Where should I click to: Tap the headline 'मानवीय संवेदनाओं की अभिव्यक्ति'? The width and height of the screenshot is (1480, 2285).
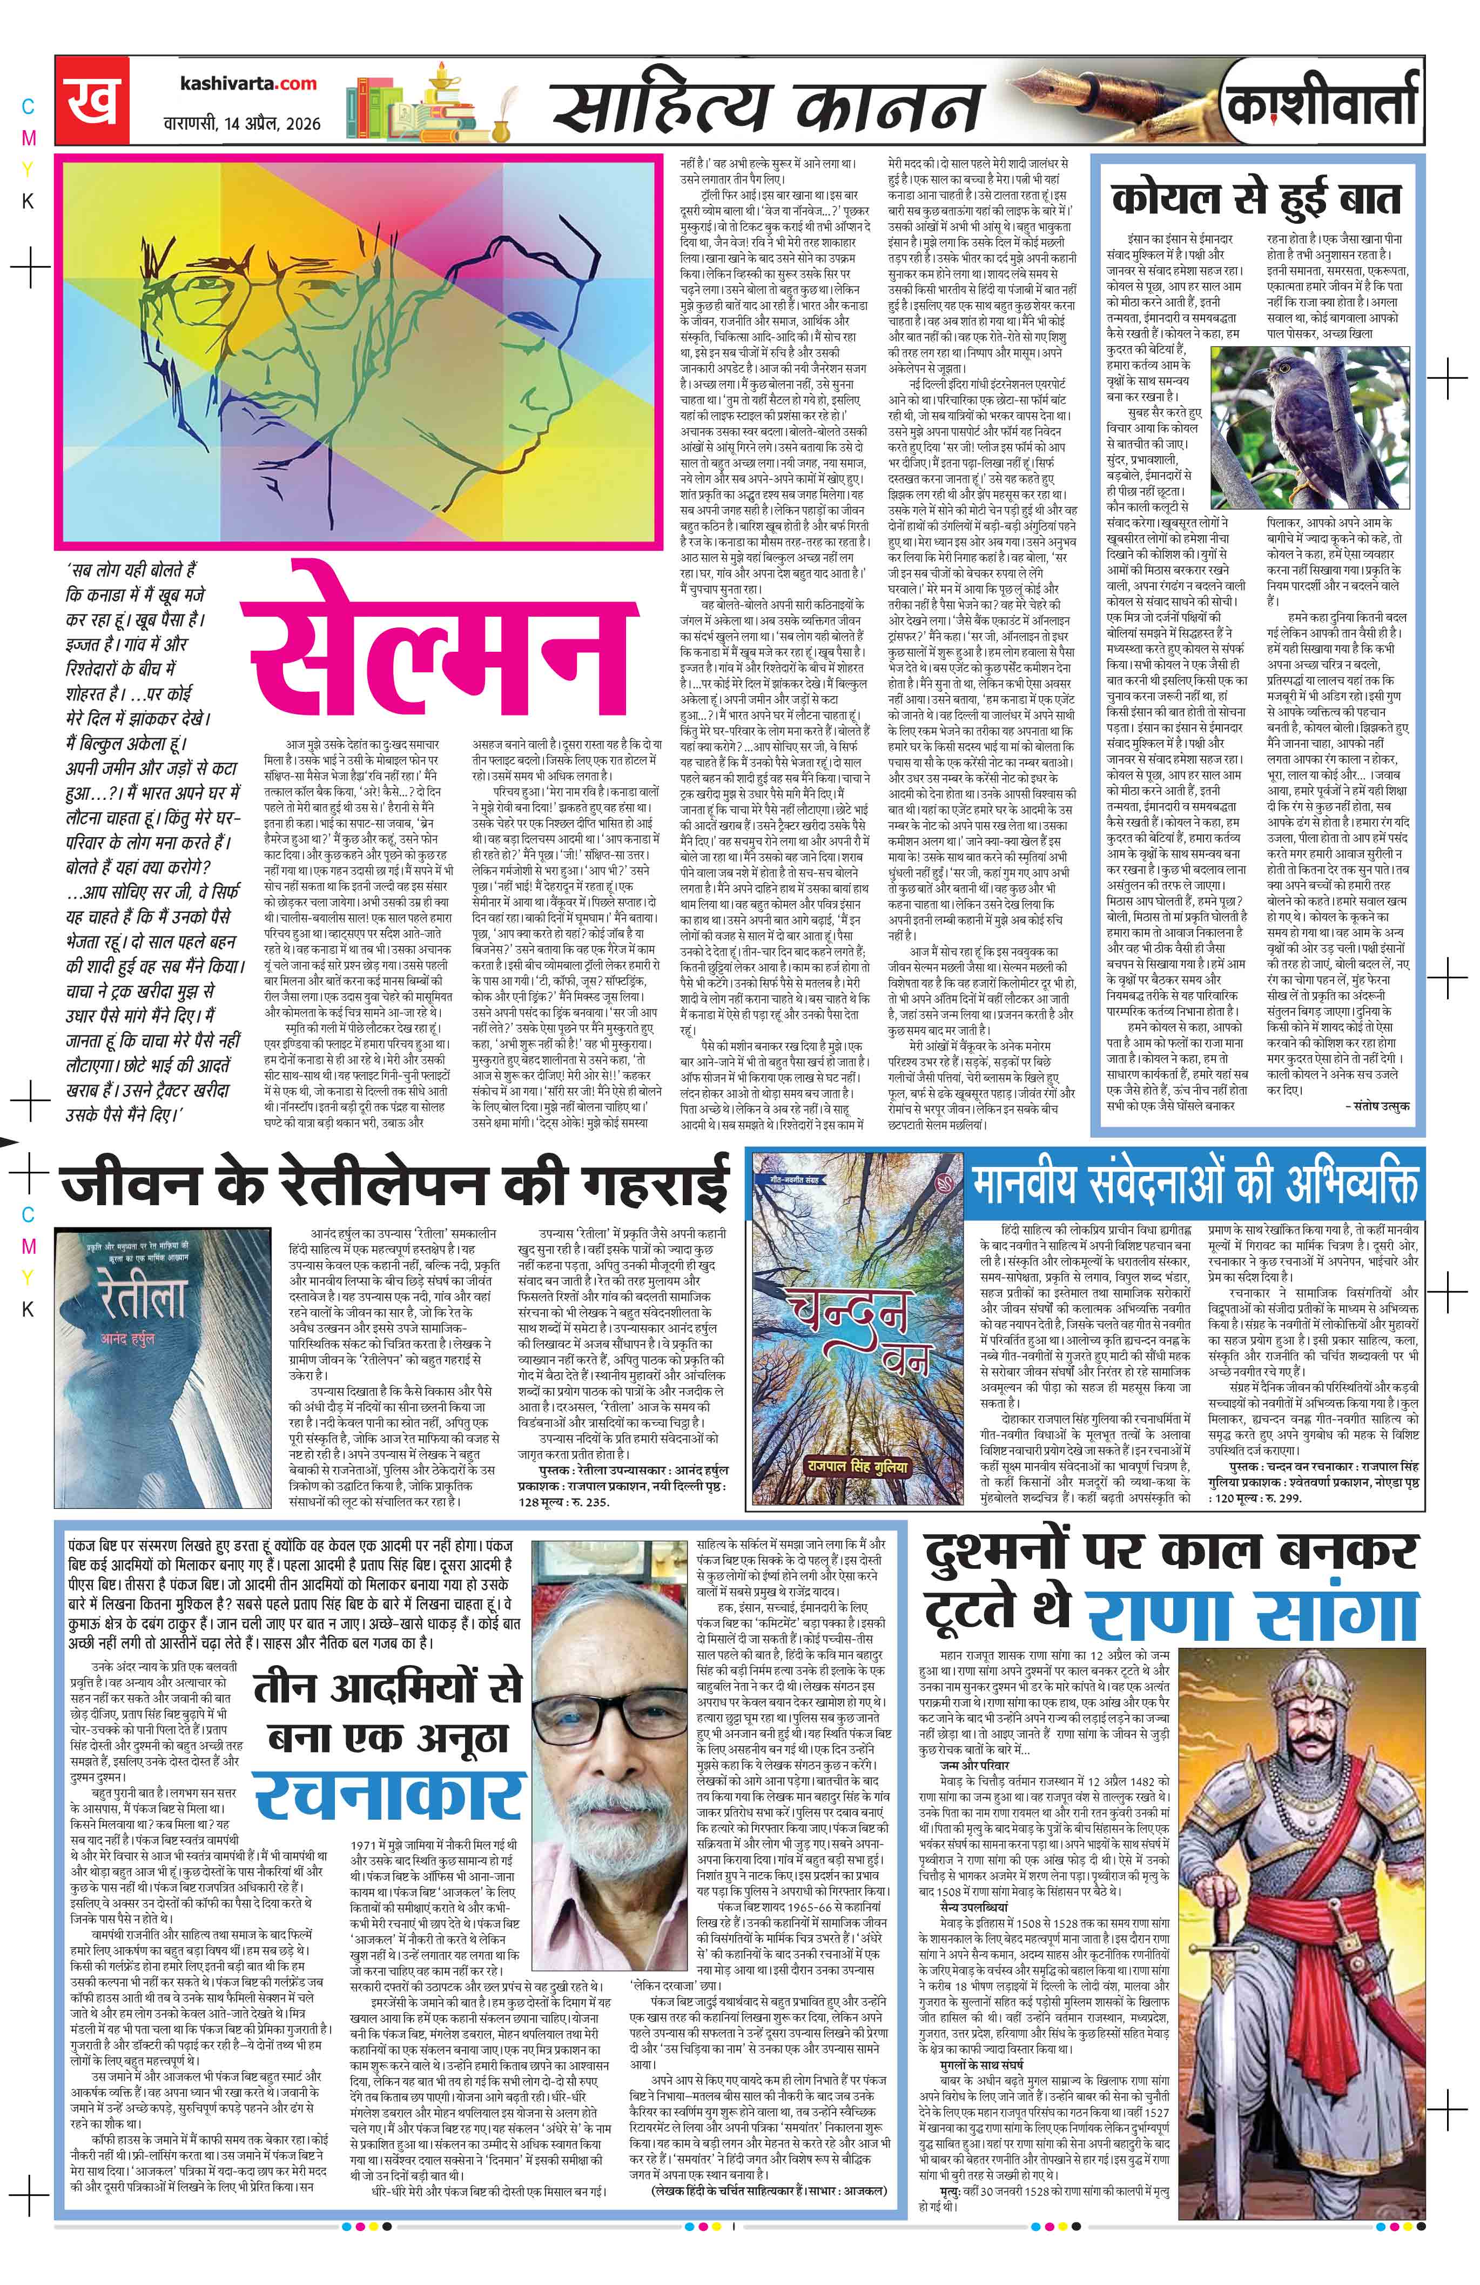point(1195,1185)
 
